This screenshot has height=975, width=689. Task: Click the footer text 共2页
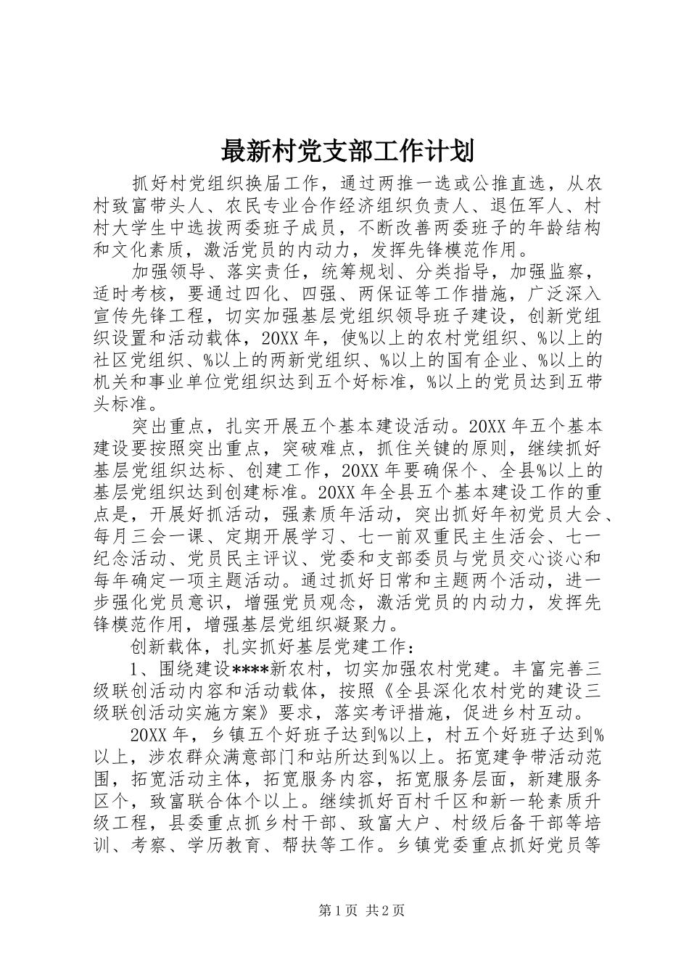point(387,931)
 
